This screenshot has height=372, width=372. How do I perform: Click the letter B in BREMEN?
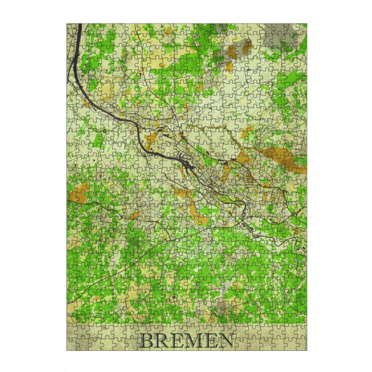click(147, 341)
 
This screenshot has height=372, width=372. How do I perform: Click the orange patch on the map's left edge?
click(79, 194)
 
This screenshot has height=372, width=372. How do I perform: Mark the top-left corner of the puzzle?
click(67, 24)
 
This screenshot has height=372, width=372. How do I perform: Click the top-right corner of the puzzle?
click(306, 24)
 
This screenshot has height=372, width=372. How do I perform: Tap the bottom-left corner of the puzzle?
click(67, 350)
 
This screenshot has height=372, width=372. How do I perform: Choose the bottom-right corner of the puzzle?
click(306, 350)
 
